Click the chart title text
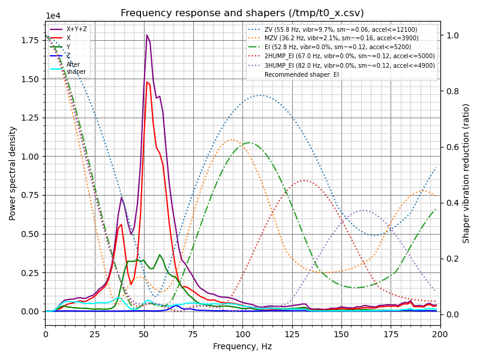pos(242,13)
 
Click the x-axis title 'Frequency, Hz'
pos(242,346)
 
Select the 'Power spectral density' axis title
pos(13,173)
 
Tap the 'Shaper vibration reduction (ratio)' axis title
pos(466,173)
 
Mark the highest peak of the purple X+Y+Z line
pos(146,35)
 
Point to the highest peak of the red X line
pos(147,82)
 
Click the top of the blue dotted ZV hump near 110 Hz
pos(260,95)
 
